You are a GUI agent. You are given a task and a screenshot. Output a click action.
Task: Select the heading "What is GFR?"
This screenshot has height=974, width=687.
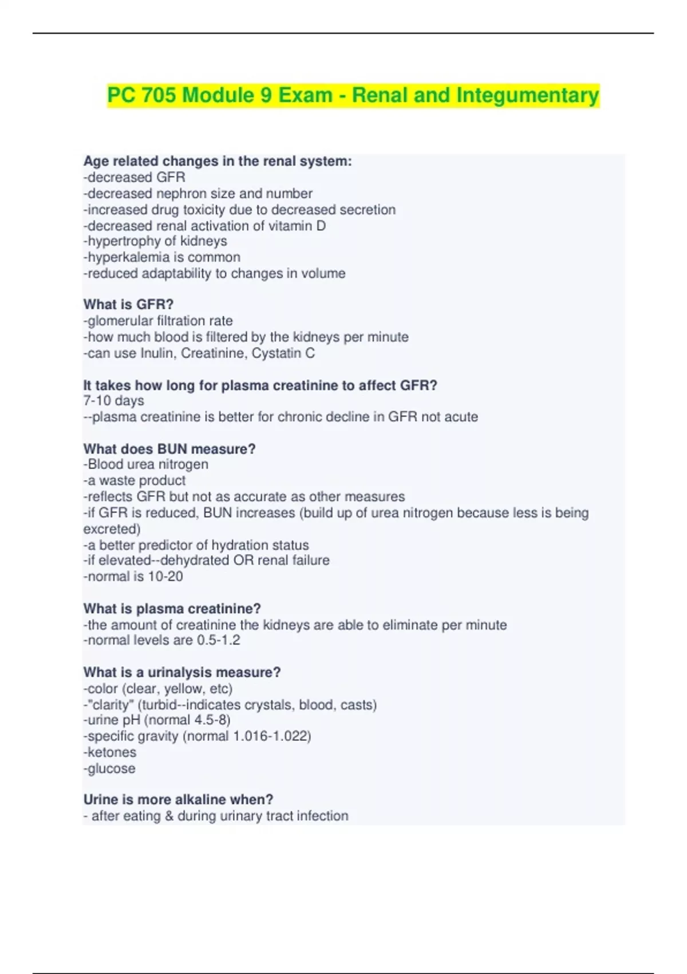[128, 304]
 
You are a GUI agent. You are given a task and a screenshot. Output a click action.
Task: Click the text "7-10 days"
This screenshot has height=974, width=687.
[113, 400]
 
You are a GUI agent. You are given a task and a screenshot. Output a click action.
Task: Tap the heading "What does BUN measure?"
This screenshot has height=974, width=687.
[169, 449]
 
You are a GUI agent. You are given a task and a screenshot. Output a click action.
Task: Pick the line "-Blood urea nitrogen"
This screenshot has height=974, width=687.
[146, 464]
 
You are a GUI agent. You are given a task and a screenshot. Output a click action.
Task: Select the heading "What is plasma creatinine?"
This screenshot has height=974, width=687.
[172, 608]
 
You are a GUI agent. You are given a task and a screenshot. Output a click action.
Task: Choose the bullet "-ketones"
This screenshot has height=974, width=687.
[110, 752]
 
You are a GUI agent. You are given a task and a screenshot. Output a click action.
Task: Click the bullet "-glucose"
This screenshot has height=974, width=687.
[109, 768]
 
